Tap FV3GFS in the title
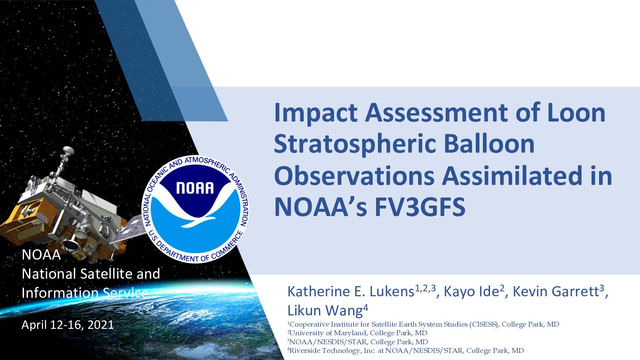pyautogui.click(x=420, y=207)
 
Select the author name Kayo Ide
pyautogui.click(x=471, y=292)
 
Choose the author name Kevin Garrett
pyautogui.click(x=555, y=292)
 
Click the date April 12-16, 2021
pyautogui.click(x=68, y=325)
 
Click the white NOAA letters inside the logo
pyautogui.click(x=195, y=188)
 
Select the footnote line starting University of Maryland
pyautogui.click(x=357, y=333)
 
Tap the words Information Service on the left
pyautogui.click(x=85, y=293)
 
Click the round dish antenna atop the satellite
pyautogui.click(x=68, y=150)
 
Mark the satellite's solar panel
pyautogui.click(x=127, y=230)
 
